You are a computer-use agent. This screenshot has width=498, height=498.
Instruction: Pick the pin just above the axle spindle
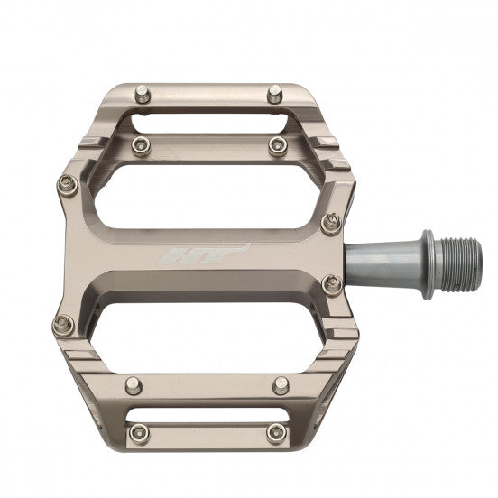click(332, 221)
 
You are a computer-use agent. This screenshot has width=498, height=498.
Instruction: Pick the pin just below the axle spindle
click(332, 284)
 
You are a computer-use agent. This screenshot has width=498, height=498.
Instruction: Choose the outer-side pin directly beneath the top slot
click(138, 144)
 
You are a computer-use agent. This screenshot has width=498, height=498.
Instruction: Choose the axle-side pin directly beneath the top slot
click(276, 145)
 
